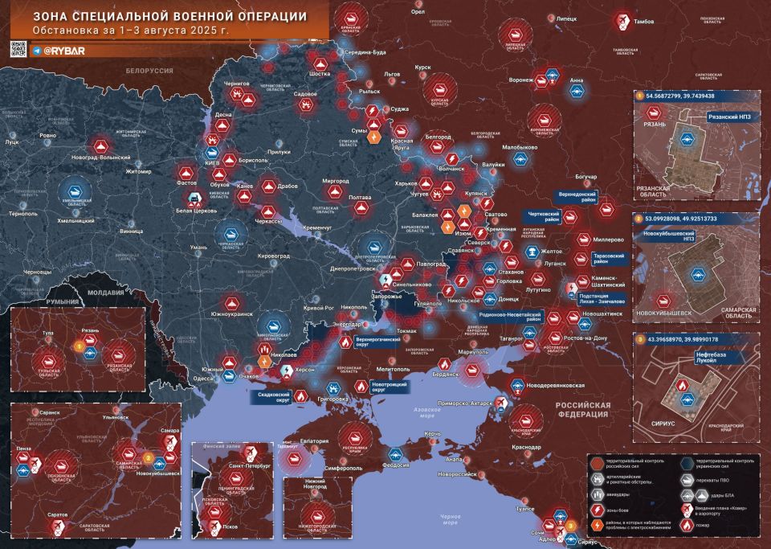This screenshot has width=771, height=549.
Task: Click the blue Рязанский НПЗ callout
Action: (730, 117)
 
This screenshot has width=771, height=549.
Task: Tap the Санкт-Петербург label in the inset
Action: (248, 465)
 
